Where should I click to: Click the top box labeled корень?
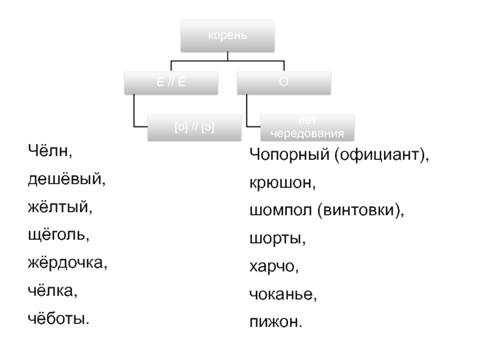tap(227, 35)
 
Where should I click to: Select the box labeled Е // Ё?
tap(171, 82)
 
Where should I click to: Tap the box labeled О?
tap(284, 82)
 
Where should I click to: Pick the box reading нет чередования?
tap(308, 128)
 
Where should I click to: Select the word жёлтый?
tap(59, 207)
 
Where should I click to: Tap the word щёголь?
tap(58, 235)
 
